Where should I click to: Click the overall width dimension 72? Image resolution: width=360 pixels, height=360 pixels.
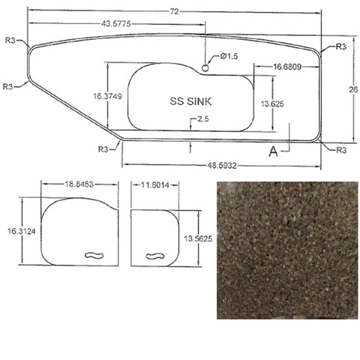point(175,11)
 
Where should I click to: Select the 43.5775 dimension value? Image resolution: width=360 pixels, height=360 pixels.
point(116,24)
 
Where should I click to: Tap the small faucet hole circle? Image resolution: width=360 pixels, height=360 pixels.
point(205,67)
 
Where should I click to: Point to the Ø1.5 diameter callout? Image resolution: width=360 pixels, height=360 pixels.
point(229,56)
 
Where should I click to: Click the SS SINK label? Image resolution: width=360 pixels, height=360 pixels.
point(190,101)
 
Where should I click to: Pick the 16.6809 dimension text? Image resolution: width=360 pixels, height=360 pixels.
point(287,67)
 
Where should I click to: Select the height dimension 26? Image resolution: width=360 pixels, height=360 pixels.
point(353,89)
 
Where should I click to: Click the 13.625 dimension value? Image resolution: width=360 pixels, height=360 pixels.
point(272,103)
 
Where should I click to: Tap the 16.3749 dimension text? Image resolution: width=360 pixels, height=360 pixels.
point(107,96)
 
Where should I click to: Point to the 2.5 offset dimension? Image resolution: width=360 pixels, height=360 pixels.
point(203,118)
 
